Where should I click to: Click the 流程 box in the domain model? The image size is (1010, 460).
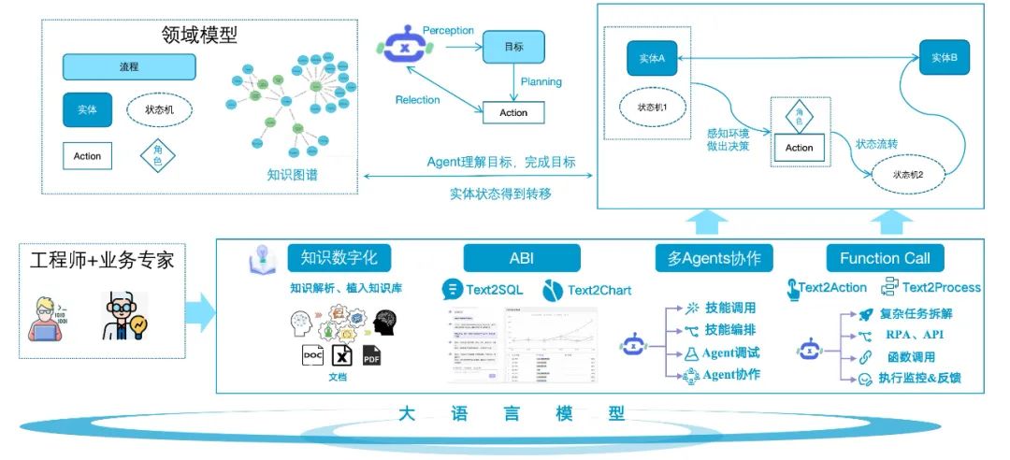[x=129, y=67]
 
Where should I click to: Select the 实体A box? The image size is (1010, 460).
[x=652, y=59]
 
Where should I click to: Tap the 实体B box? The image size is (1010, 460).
[x=944, y=58]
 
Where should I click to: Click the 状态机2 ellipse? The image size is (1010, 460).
[x=907, y=174]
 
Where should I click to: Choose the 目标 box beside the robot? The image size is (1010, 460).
[x=512, y=46]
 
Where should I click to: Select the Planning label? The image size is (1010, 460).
[x=541, y=81]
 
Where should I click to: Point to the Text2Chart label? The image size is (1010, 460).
[x=599, y=290]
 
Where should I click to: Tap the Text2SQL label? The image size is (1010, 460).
[x=496, y=290]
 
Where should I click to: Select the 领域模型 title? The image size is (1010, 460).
[x=199, y=36]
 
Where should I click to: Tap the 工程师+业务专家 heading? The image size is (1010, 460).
[x=103, y=259]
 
